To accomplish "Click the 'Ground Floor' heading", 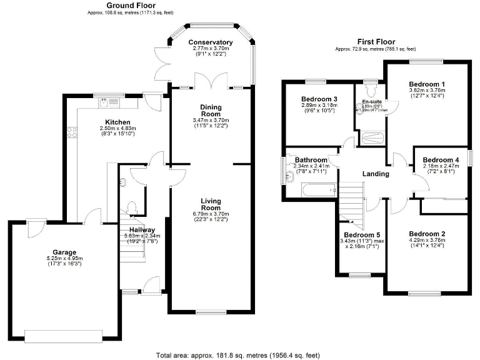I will point(131,5).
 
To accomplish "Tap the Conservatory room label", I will point(211,42).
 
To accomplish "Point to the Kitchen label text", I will point(117,122).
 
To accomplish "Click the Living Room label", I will point(211,204).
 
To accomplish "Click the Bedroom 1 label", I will point(427,84).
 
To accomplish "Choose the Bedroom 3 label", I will point(319,99).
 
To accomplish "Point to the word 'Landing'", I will point(376,174).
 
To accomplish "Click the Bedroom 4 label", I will point(441,160).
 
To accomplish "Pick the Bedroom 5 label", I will point(361,235).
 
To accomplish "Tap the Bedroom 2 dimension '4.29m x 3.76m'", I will point(427,240).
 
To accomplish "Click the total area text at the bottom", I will point(240,354).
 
